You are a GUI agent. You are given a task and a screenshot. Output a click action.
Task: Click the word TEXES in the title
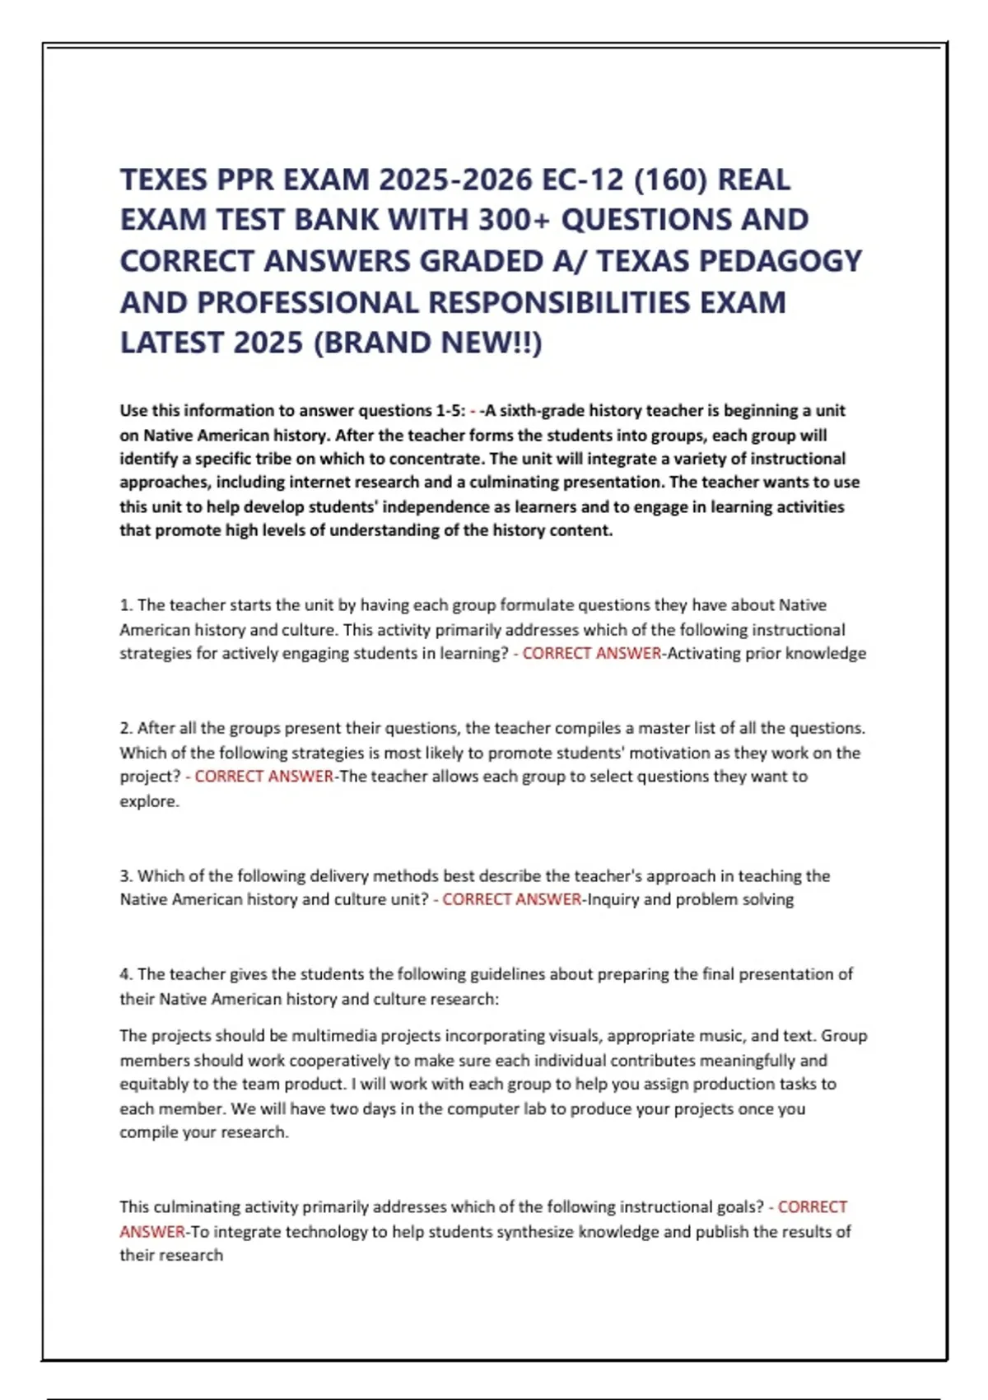pos(163,180)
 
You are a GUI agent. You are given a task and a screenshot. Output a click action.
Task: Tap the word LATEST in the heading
pos(172,343)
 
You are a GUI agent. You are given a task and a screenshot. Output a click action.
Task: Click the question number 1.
pos(126,605)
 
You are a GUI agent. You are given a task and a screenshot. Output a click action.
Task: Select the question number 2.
pos(126,728)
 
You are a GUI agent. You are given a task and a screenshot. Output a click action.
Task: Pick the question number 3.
pos(126,875)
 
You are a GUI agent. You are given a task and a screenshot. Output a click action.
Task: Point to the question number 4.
pos(126,974)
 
